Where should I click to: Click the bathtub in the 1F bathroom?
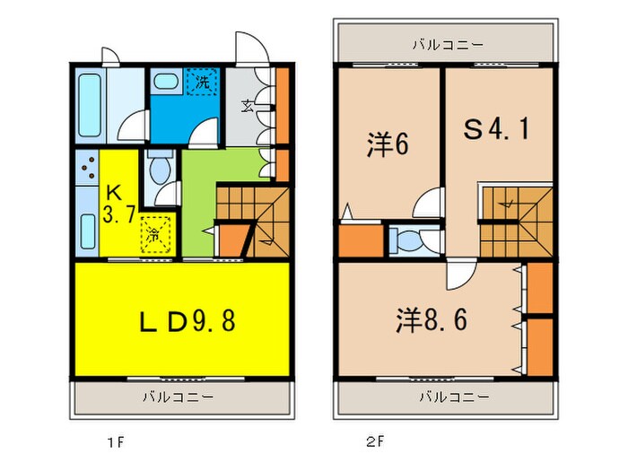92,104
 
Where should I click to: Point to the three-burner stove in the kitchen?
86,168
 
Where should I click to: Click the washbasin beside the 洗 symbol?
165,81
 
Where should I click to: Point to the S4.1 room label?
495,131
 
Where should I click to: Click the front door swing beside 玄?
246,47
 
